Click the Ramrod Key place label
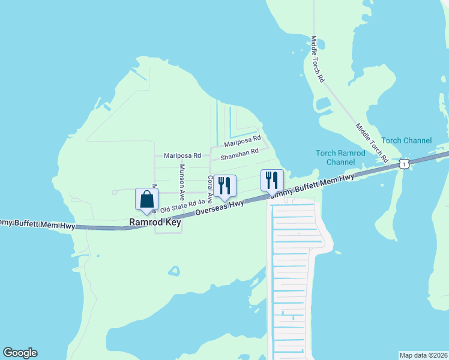tap(155, 223)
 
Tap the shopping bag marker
tap(146, 200)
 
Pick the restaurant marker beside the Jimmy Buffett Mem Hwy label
tap(271, 181)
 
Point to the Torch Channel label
tap(406, 140)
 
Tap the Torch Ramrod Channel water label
tap(341, 157)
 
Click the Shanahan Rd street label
tap(239, 155)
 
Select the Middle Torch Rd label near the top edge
tap(318, 59)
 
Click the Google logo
tap(20, 353)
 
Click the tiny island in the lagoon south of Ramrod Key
tap(173, 271)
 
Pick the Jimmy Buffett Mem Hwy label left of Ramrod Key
tap(37, 225)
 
